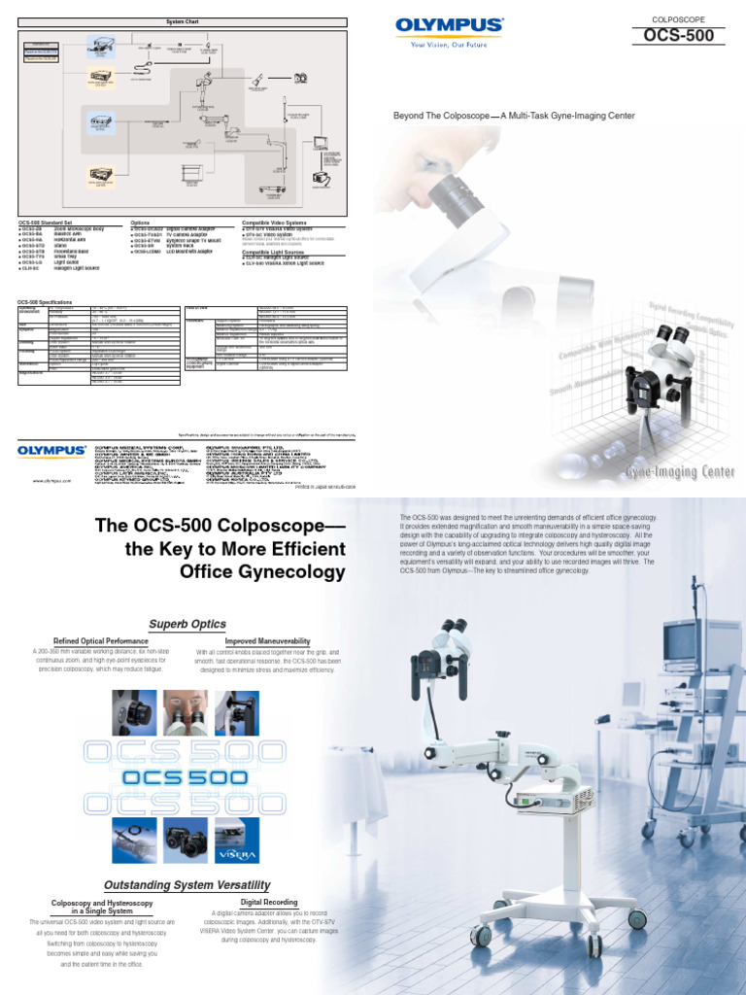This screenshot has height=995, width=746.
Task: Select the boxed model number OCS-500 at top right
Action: pos(678,36)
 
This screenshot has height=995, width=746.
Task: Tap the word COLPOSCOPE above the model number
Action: pos(678,17)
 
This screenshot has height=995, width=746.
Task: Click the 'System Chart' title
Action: pos(182,20)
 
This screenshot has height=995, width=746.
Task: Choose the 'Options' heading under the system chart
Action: pos(141,223)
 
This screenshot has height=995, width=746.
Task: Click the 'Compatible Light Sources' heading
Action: pos(280,251)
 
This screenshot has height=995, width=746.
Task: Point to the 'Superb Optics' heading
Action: pos(187,624)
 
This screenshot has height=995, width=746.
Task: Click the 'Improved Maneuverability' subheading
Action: pos(267,642)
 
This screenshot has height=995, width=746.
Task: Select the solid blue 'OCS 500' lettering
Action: pos(187,777)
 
